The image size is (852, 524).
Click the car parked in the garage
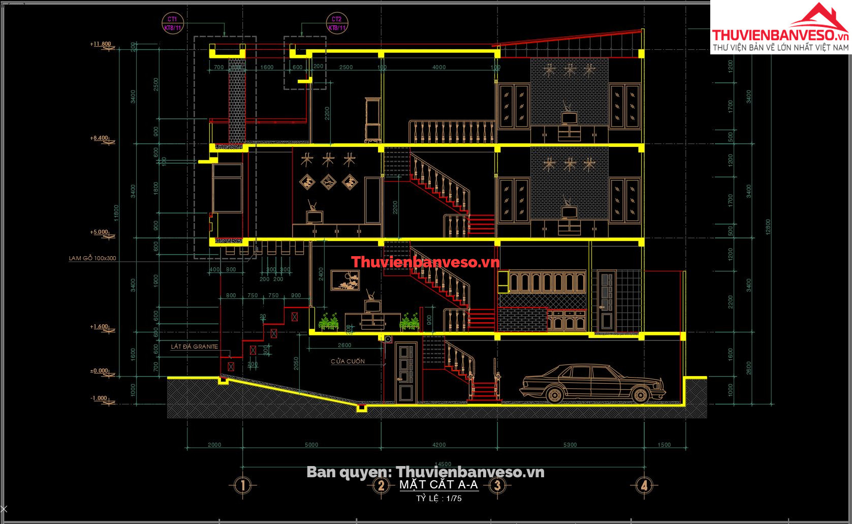pyautogui.click(x=592, y=384)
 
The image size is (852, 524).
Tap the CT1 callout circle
pyautogui.click(x=172, y=23)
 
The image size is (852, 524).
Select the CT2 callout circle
pyautogui.click(x=337, y=23)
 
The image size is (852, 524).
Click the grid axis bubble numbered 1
pyautogui.click(x=243, y=485)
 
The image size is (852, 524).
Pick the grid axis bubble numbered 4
pyautogui.click(x=644, y=485)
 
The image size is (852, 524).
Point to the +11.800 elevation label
pyautogui.click(x=101, y=44)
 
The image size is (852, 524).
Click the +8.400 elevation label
pyautogui.click(x=99, y=138)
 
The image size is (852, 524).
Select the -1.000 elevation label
pyautogui.click(x=99, y=398)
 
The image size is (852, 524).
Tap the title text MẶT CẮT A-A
pyautogui.click(x=438, y=484)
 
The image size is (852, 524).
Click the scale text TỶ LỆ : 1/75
pyautogui.click(x=439, y=499)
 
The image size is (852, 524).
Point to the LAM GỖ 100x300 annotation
pyautogui.click(x=92, y=258)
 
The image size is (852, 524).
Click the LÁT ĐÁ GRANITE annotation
pyautogui.click(x=194, y=347)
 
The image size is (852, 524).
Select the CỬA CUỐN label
pyautogui.click(x=348, y=361)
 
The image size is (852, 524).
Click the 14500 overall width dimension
pyautogui.click(x=443, y=464)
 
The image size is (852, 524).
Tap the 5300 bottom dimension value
pyautogui.click(x=570, y=445)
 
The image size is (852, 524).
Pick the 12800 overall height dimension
pyautogui.click(x=768, y=227)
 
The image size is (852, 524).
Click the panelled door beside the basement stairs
pyautogui.click(x=406, y=374)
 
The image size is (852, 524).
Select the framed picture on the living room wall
pyautogui.click(x=345, y=280)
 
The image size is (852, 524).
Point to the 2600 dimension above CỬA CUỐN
pyautogui.click(x=344, y=346)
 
